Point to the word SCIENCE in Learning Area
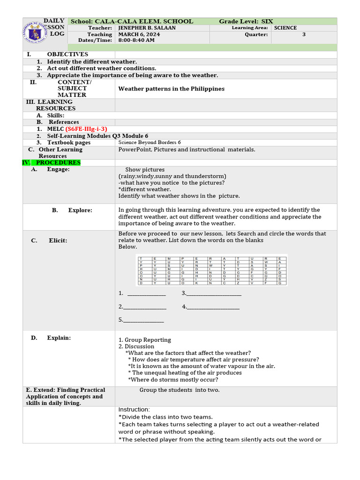coord(285,28)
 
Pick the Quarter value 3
coord(304,34)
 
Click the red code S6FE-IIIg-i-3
coord(86,129)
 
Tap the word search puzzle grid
coord(212,270)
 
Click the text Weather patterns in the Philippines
coord(171,89)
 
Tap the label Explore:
coord(80,210)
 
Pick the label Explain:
coord(59,337)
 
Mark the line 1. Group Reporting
coord(144,340)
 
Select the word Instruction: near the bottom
coord(134,410)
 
